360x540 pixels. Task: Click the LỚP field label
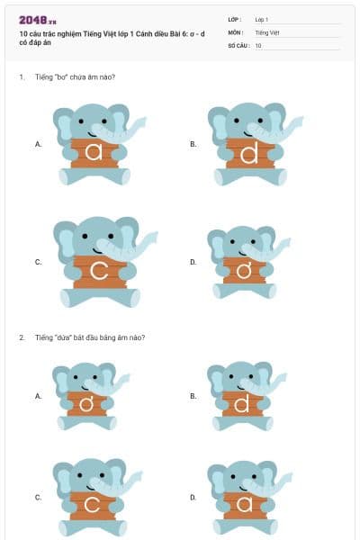pyautogui.click(x=235, y=19)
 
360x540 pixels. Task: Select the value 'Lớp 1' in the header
pyautogui.click(x=262, y=19)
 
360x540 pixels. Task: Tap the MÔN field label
pyautogui.click(x=236, y=31)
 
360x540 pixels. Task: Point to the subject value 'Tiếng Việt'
pyautogui.click(x=267, y=31)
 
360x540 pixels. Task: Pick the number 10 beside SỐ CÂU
pyautogui.click(x=258, y=45)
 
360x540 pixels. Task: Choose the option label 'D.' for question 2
pyautogui.click(x=193, y=497)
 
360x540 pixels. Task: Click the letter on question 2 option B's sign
pyautogui.click(x=241, y=406)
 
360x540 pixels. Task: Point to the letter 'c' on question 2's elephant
pyautogui.click(x=92, y=504)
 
